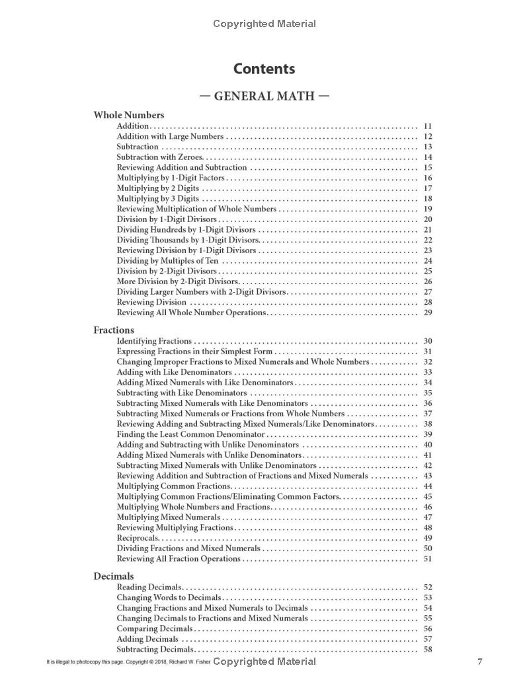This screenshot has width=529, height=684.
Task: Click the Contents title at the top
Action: (264, 69)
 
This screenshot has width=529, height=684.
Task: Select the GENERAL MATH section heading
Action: (264, 96)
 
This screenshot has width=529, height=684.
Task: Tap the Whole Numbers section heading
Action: (128, 115)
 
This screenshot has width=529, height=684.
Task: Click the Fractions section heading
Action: (114, 330)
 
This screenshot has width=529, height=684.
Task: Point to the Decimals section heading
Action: (113, 576)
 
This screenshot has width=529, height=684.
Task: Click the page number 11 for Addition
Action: (427, 126)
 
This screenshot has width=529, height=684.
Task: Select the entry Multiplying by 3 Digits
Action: (158, 198)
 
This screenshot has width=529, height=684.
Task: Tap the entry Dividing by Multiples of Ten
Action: (167, 260)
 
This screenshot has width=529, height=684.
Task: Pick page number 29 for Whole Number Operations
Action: (427, 313)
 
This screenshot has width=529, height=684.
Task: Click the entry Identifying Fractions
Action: (154, 341)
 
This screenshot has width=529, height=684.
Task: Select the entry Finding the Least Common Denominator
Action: (190, 434)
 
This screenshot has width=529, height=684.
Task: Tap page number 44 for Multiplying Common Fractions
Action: (427, 486)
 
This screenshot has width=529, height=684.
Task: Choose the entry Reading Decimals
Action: (149, 587)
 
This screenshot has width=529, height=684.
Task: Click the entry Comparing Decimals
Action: (155, 628)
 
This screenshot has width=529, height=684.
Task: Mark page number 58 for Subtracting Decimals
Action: (427, 650)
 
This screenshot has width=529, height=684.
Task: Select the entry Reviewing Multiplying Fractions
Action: (175, 527)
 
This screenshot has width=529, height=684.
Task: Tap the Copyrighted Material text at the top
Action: (264, 24)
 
